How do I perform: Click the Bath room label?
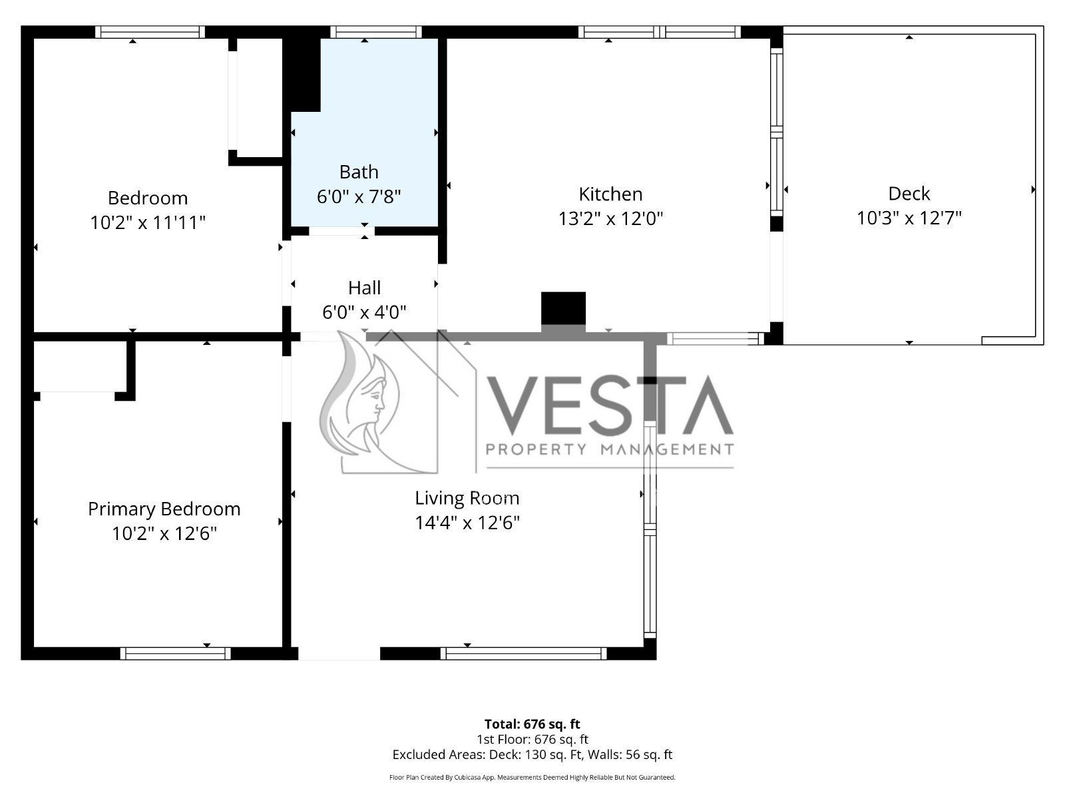(359, 172)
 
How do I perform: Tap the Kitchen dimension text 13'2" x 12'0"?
(610, 219)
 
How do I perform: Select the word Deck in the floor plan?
(909, 194)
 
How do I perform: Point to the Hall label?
(364, 288)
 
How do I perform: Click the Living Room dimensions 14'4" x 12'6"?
(467, 523)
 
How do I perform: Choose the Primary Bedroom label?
(164, 509)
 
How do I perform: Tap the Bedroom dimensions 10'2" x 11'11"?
(148, 222)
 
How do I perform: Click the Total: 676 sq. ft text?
(532, 724)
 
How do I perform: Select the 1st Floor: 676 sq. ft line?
(532, 739)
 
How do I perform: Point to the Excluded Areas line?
(532, 754)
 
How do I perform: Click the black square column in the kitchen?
(563, 308)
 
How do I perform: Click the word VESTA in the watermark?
(610, 405)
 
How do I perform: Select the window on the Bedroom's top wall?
(150, 32)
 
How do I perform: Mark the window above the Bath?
(376, 32)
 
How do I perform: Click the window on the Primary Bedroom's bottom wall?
(176, 653)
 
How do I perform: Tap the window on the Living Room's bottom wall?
(524, 653)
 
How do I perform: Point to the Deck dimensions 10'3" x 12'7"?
(909, 218)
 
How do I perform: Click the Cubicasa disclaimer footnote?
(532, 777)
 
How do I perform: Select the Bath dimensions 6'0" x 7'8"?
(359, 196)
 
